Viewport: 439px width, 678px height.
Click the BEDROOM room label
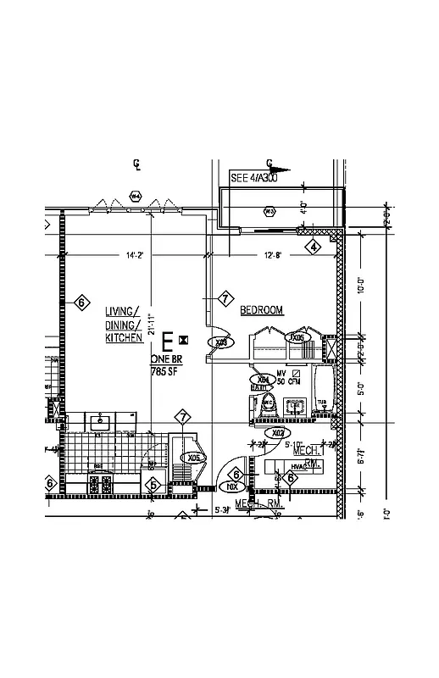click(x=261, y=310)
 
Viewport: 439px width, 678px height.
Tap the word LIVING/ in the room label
click(x=122, y=310)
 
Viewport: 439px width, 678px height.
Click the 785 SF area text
click(x=164, y=371)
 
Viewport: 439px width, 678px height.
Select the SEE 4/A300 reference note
click(x=253, y=179)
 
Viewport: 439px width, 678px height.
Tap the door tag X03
click(x=222, y=343)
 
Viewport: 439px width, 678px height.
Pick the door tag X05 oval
click(x=195, y=458)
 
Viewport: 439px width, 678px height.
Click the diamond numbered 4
click(x=314, y=247)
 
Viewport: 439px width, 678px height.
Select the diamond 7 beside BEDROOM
click(x=225, y=298)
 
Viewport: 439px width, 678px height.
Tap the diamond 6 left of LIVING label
click(x=81, y=302)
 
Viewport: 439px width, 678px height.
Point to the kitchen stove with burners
click(x=101, y=483)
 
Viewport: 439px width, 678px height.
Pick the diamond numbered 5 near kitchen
click(x=153, y=485)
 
